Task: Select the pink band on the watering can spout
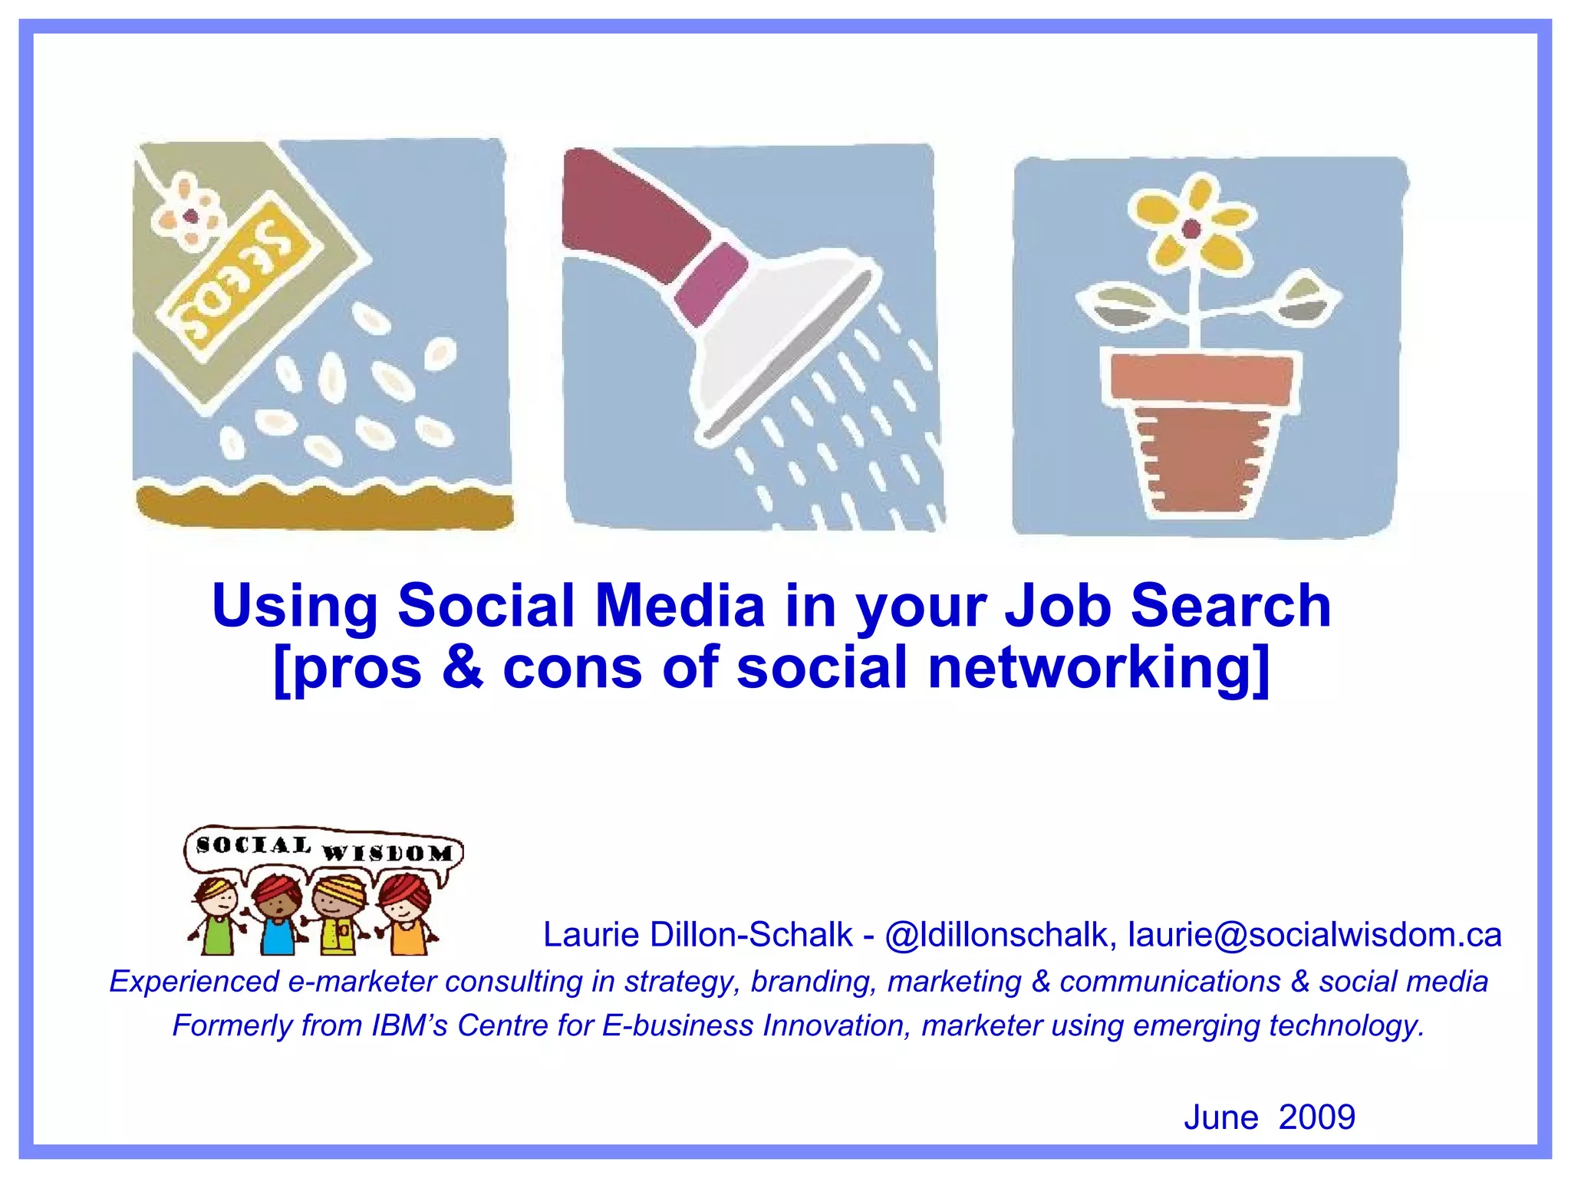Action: click(711, 281)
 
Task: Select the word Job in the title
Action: click(1058, 606)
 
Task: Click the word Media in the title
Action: click(680, 606)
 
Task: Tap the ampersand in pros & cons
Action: click(462, 667)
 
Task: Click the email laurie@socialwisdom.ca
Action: click(1314, 934)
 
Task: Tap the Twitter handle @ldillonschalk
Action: click(996, 934)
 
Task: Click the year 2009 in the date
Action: click(1317, 1117)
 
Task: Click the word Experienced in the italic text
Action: click(195, 982)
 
